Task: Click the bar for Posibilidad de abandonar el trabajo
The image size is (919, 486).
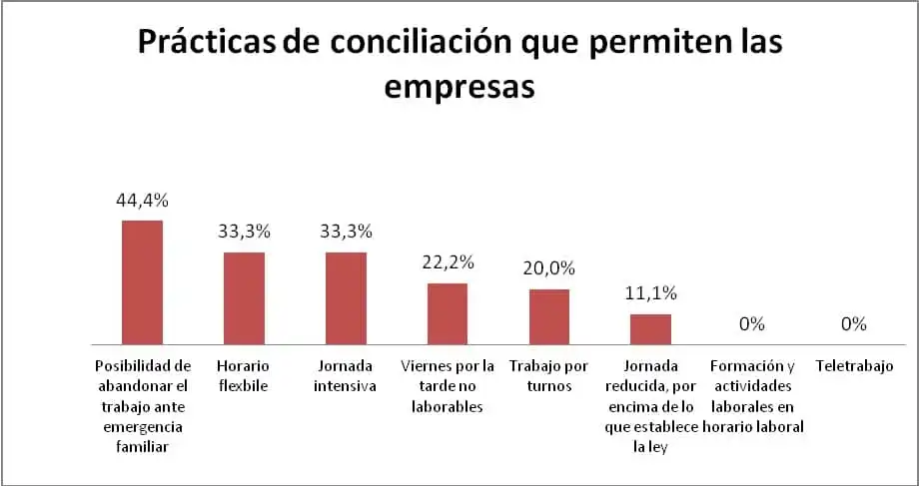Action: (142, 282)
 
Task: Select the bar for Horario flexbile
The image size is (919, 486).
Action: (244, 298)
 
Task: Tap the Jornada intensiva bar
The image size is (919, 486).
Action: (346, 298)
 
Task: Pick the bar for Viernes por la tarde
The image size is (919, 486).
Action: (448, 313)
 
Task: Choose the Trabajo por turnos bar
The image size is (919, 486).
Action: (548, 317)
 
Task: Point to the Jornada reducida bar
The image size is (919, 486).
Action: (650, 329)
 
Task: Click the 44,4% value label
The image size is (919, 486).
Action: (142, 201)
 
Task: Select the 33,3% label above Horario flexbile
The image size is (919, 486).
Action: (244, 232)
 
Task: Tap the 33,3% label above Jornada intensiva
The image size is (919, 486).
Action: (346, 232)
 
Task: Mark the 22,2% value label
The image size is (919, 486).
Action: (448, 262)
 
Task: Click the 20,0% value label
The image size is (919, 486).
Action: (548, 268)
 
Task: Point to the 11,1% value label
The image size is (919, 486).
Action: (650, 293)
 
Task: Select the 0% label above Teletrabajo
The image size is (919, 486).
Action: (853, 324)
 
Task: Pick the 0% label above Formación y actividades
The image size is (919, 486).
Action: (751, 324)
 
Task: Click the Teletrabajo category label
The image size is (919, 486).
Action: (853, 366)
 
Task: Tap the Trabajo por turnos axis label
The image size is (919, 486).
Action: (548, 376)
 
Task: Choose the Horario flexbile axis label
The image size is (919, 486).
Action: (244, 376)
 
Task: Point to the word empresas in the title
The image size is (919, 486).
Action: (459, 87)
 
